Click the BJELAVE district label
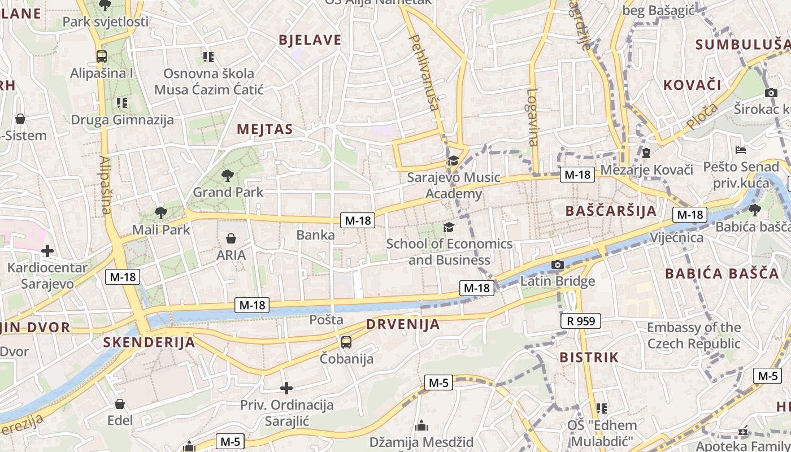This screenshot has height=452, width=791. pos(310,40)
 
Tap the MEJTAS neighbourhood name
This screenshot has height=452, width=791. pos(265,129)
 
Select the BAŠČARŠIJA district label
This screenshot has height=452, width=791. pos(611,211)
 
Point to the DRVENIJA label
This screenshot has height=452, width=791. pos(402,324)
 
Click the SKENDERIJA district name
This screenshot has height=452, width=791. pos(149,342)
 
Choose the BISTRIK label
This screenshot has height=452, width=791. pos(589,358)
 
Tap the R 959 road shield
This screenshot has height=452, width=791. pos(581,321)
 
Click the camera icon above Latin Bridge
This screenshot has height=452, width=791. pos(557,264)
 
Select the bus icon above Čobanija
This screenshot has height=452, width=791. pos(346,342)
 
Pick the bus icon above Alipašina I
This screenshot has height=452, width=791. pos(102,56)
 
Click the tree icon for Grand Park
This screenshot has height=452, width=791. pos(228,175)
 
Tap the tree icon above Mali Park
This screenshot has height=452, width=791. pos(161,213)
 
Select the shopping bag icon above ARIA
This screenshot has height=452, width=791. pos(231,238)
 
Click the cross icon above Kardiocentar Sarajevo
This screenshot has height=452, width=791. pos(47,250)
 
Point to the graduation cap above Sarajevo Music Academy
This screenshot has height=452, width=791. pos(453,161)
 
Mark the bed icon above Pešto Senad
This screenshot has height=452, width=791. pos(741,150)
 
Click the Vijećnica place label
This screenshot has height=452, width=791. pos(676,237)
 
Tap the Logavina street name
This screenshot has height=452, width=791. pos(533,117)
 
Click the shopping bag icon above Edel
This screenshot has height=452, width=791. pos(120,404)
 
